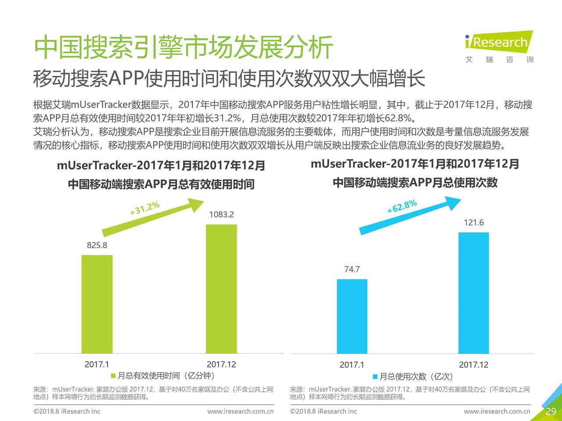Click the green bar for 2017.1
(x=97, y=304)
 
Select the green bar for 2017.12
(x=221, y=289)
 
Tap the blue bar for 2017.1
(x=352, y=316)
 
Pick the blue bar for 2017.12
(x=473, y=293)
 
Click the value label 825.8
(x=97, y=245)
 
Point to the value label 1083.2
(x=221, y=214)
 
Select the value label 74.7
(x=352, y=269)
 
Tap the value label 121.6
(x=474, y=222)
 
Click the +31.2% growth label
(x=144, y=209)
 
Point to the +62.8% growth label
(x=402, y=206)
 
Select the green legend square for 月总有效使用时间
(x=113, y=376)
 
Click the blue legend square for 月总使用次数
(x=375, y=377)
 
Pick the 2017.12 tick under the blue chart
(x=473, y=365)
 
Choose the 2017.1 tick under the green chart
(x=97, y=364)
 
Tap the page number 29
(x=551, y=411)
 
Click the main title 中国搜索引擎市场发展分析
(x=184, y=47)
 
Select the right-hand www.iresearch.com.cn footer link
(x=497, y=411)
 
